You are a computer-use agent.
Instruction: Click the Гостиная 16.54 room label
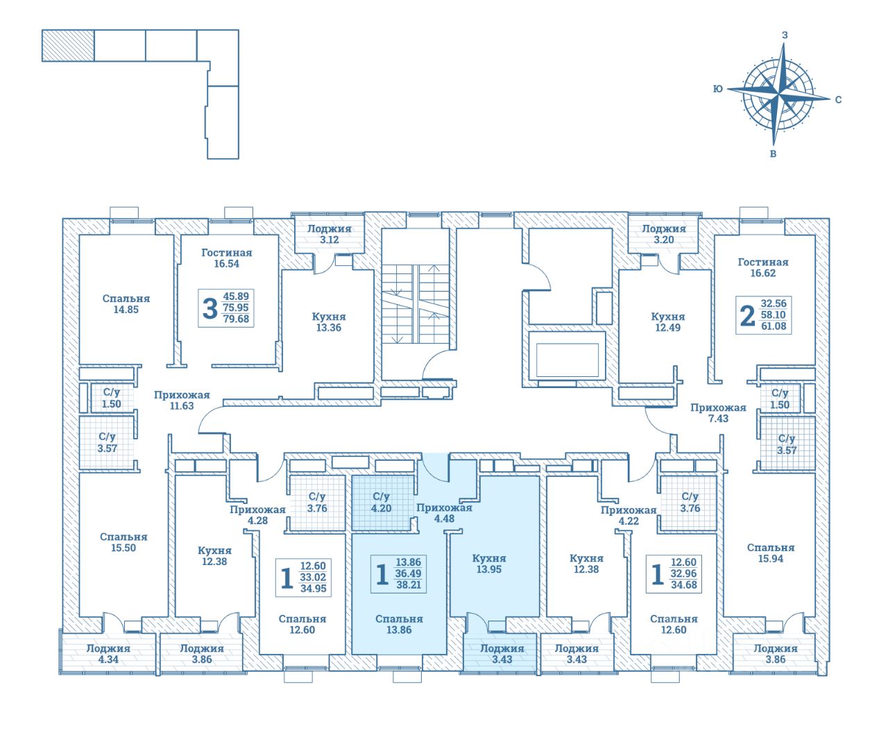(226, 258)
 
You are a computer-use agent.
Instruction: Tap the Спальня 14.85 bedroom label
(126, 304)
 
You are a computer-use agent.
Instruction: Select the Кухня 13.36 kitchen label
(328, 322)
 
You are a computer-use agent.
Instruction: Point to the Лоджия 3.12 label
(329, 234)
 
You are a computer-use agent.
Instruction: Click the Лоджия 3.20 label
(663, 234)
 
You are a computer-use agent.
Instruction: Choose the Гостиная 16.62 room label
(763, 267)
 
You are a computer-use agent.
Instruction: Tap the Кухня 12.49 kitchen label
(667, 322)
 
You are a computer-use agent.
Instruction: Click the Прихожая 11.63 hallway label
(182, 401)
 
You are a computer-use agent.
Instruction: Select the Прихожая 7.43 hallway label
(718, 413)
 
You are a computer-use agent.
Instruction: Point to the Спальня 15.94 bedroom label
(771, 553)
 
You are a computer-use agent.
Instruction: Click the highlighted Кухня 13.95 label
(488, 564)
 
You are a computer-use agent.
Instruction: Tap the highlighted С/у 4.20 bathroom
(382, 502)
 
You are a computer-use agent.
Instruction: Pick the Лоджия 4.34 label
(108, 654)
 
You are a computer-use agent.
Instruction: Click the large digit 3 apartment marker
(210, 308)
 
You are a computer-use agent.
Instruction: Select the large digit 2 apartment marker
(747, 315)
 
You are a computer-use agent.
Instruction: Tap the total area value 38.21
(409, 585)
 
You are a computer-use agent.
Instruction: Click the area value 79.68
(236, 319)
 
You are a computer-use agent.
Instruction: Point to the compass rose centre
(779, 94)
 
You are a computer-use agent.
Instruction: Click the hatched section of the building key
(68, 47)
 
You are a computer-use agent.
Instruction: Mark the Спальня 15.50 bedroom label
(123, 542)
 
